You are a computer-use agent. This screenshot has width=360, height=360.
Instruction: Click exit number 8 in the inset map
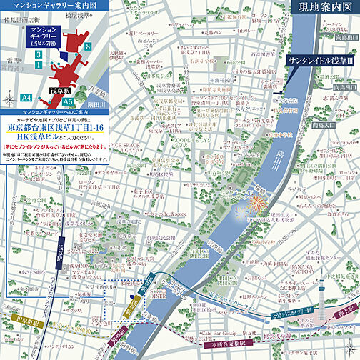[x=86, y=46]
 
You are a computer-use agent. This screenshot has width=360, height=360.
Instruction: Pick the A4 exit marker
[x=26, y=96]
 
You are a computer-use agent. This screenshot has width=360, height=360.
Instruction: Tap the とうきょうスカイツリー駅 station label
[x=293, y=312]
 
